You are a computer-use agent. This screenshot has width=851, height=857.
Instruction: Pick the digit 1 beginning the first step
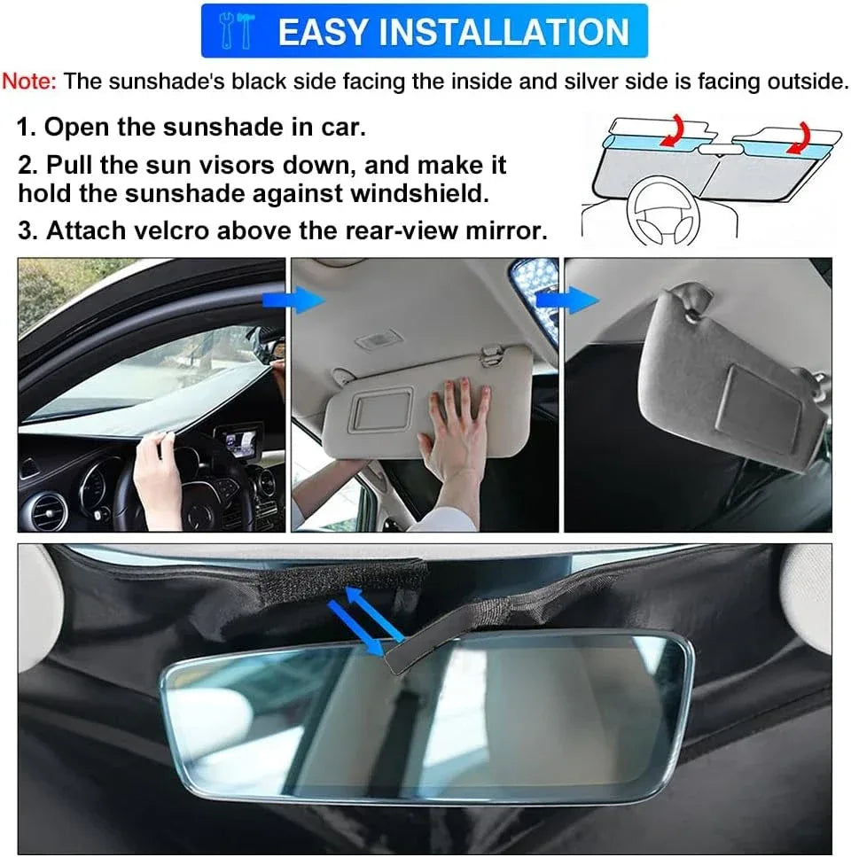tap(24, 127)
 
